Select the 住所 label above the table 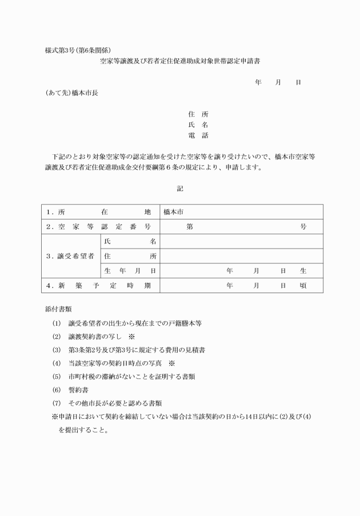pos(198,114)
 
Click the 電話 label pos(198,135)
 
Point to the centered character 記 pos(181,188)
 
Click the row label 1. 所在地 pos(99,212)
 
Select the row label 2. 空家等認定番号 pos(99,227)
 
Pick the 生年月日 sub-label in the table pos(129,271)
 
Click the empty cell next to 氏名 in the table pos(241,242)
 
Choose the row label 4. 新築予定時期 pos(99,286)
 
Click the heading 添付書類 pos(58,309)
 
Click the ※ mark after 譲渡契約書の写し pos(131,337)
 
